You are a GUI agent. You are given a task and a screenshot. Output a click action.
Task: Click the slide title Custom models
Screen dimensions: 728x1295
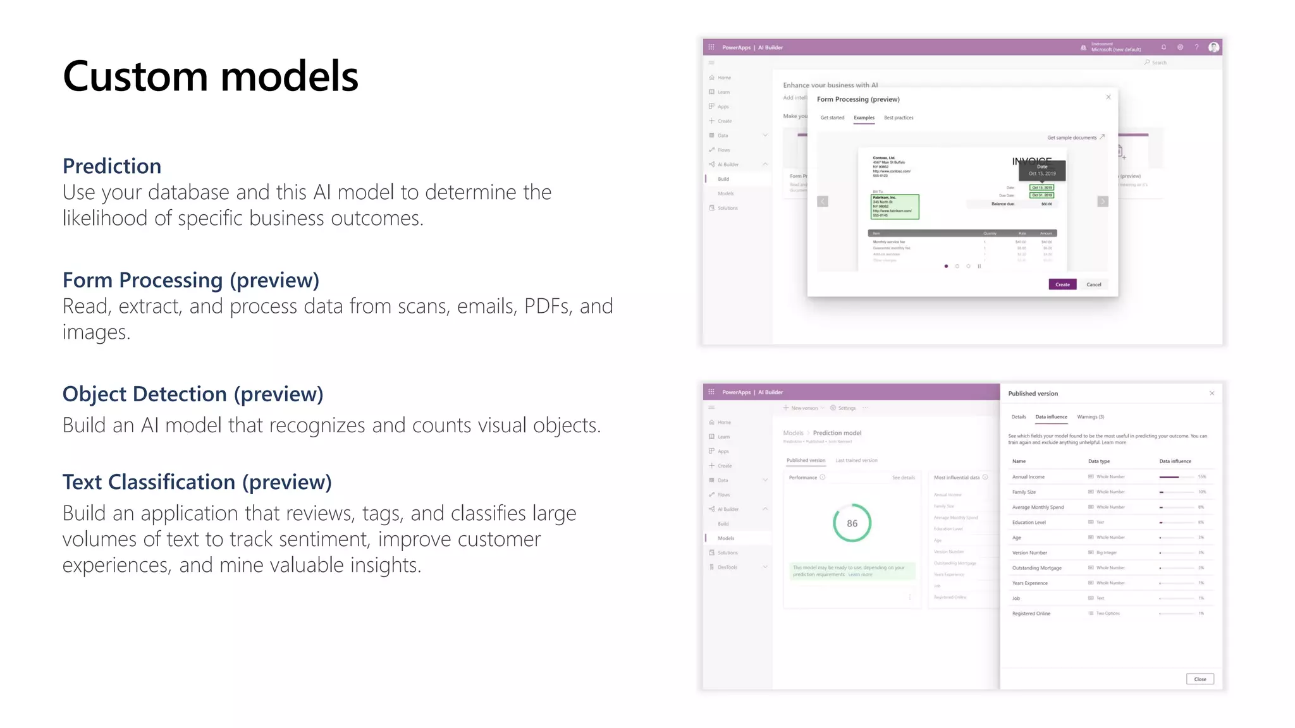click(x=211, y=76)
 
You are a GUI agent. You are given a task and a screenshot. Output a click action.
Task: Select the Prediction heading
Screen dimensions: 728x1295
click(x=112, y=166)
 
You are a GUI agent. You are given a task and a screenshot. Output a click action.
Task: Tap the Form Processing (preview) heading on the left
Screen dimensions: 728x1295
click(x=190, y=280)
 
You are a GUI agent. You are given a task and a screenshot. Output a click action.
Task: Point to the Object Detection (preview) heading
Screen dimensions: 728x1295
click(x=193, y=394)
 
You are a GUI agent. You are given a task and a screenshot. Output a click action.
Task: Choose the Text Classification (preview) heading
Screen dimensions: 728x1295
click(x=197, y=482)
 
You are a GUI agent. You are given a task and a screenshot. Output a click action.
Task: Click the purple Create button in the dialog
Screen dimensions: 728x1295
click(x=1062, y=284)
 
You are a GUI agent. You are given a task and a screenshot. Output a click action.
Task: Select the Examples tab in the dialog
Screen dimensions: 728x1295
click(x=864, y=118)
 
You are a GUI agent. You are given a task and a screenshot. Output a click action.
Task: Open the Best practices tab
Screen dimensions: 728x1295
click(x=899, y=118)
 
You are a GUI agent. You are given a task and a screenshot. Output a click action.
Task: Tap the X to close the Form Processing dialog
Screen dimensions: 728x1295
click(x=1108, y=97)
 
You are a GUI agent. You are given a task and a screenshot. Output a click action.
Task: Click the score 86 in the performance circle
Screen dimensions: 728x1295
click(x=852, y=523)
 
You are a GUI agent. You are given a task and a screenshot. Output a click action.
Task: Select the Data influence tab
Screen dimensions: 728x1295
click(x=1051, y=417)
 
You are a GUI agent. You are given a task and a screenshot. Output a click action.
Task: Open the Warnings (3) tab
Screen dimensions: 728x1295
click(x=1090, y=417)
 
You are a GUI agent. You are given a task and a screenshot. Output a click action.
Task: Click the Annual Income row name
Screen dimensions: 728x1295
click(x=1028, y=477)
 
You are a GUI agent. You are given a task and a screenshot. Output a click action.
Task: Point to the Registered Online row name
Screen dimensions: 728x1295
click(x=1031, y=614)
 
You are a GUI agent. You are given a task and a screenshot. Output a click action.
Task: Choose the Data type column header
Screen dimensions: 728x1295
click(x=1099, y=461)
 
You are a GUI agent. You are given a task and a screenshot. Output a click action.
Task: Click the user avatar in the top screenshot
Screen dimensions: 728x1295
click(x=1213, y=47)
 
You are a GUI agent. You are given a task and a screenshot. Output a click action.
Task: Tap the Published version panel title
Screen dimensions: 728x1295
click(x=1033, y=394)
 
